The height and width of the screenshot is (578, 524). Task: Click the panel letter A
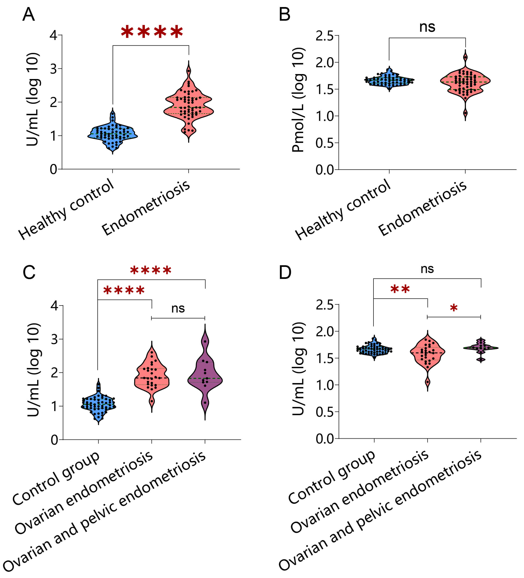point(29,14)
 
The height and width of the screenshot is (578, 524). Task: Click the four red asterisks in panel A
point(152,32)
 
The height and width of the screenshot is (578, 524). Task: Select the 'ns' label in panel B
point(427,27)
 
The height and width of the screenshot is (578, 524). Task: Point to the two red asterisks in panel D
point(400,289)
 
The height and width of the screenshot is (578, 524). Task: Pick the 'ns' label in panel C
point(178,309)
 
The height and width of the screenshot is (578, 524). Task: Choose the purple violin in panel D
point(481,348)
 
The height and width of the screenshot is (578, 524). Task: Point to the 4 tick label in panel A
point(53,36)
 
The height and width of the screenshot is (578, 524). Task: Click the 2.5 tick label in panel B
point(324,36)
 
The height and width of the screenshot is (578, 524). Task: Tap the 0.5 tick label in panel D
point(324,412)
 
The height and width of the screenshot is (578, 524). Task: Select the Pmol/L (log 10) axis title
point(298,100)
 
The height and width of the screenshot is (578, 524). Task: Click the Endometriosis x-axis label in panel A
point(146,208)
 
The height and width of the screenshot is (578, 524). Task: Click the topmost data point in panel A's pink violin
point(188,71)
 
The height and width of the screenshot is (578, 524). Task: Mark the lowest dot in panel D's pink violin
point(428,382)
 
